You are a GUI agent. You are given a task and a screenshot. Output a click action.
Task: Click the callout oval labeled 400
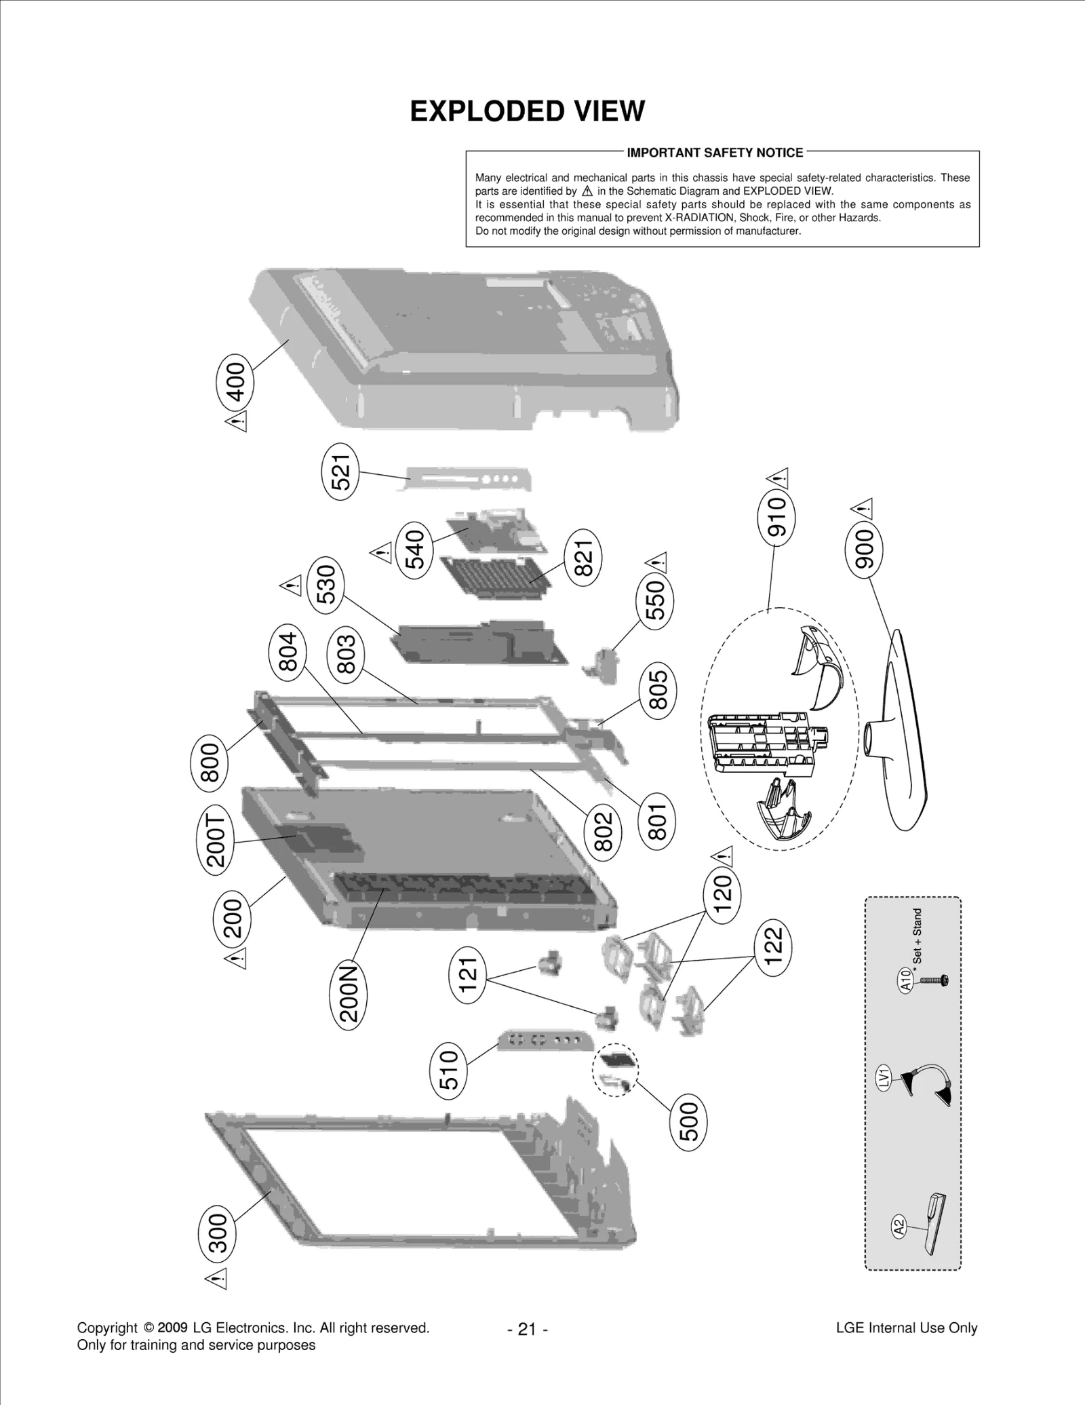[235, 382]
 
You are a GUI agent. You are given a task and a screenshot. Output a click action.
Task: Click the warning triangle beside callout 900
[863, 508]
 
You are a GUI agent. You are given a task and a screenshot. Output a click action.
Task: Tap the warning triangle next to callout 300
[216, 1278]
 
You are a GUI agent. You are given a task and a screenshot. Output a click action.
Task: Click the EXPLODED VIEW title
[527, 111]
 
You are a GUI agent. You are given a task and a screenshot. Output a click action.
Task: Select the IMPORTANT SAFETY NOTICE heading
[714, 153]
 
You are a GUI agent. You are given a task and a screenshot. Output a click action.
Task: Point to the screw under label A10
[934, 980]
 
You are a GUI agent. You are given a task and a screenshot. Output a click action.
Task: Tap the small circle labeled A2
[899, 1227]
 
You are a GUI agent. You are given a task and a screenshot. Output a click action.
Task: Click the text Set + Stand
[918, 937]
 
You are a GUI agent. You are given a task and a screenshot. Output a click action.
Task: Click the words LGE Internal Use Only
[906, 1328]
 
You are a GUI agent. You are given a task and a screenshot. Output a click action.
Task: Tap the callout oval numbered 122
[773, 947]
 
